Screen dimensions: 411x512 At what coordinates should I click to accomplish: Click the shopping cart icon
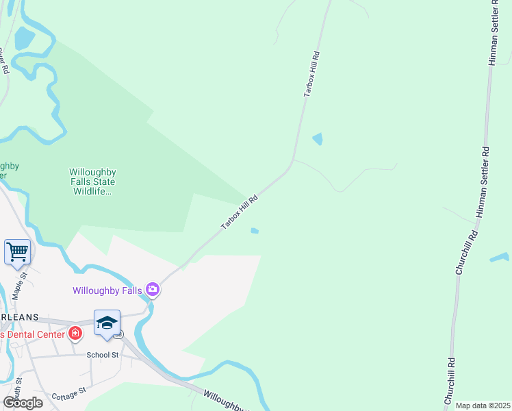coord(17,251)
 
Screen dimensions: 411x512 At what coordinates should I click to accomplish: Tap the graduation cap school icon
coord(107,323)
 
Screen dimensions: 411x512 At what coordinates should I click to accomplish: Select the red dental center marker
coord(75,334)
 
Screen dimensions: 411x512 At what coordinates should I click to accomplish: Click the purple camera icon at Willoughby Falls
coord(152,290)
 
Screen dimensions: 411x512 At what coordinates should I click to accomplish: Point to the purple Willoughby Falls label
coord(107,290)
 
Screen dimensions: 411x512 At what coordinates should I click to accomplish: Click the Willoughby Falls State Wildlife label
coord(92,182)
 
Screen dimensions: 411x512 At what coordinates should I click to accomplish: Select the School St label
coord(103,355)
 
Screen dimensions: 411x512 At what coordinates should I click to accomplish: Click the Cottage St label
coord(68,395)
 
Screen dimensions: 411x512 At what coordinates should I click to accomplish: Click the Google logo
coord(23,403)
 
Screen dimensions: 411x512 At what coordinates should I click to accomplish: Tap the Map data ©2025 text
coord(483,406)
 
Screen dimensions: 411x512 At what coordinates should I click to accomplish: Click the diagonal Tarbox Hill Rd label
coord(239,212)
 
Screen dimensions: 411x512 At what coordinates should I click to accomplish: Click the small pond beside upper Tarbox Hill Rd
coord(318,139)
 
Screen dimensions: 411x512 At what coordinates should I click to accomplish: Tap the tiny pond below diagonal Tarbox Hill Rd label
coord(255,231)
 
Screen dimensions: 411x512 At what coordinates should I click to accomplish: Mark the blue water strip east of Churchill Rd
coord(500,258)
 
